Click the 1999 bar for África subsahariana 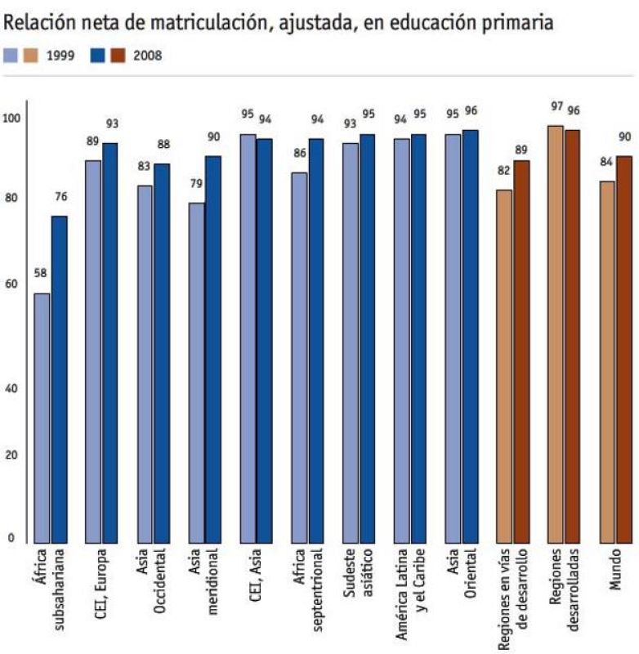click(42, 417)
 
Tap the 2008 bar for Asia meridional click(213, 348)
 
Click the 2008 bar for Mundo click(624, 348)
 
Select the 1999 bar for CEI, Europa click(93, 351)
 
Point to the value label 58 click(41, 273)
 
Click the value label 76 click(60, 196)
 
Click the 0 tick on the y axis click(11, 538)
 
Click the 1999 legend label click(60, 56)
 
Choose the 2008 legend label click(147, 56)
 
